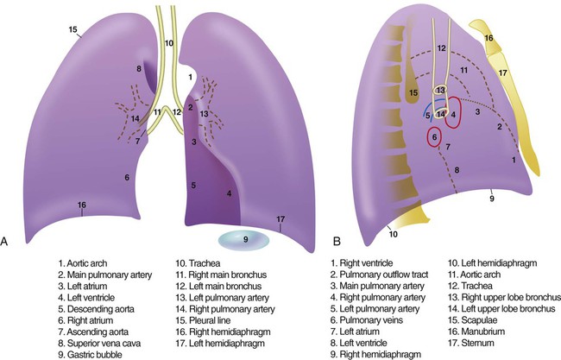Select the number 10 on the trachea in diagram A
168,41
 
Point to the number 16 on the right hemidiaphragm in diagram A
81,205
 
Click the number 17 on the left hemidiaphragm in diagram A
280,218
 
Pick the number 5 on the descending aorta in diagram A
194,185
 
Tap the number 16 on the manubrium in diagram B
489,38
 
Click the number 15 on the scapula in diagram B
413,92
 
